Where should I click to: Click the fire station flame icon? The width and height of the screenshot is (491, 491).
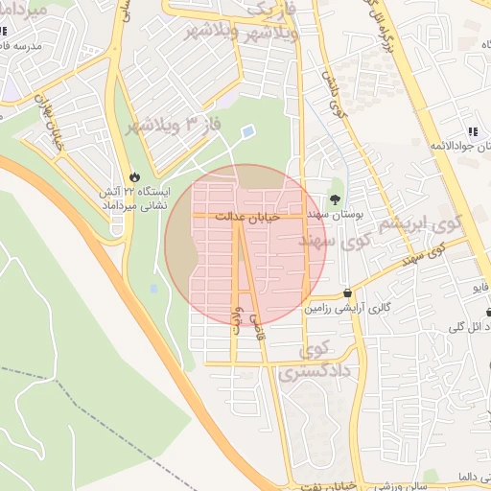click(133, 176)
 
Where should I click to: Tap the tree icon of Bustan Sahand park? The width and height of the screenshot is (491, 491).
click(334, 199)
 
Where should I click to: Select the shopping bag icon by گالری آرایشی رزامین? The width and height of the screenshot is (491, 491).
click(346, 293)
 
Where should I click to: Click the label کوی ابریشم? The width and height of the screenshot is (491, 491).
click(415, 224)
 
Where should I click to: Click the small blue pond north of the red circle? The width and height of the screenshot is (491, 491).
click(248, 130)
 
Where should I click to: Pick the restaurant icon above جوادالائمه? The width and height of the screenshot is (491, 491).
click(471, 131)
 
